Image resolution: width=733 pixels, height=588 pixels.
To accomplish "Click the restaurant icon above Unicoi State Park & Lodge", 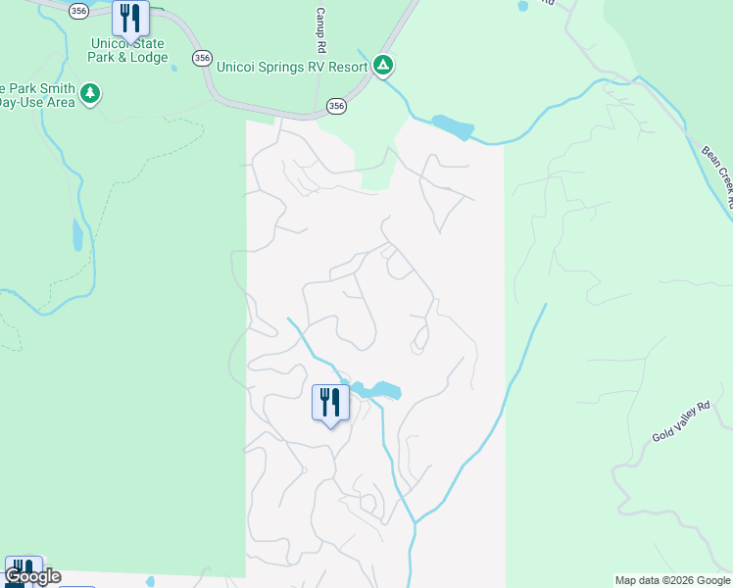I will point(130,18).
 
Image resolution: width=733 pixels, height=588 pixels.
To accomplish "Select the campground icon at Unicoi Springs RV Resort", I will point(383,66).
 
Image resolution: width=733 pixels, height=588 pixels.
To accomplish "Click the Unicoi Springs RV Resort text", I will point(291,66).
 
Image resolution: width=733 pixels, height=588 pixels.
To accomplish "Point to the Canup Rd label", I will point(320,30).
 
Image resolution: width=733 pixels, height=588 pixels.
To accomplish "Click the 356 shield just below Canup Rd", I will point(336,105).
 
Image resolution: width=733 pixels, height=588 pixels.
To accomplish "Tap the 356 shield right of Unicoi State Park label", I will point(202,58).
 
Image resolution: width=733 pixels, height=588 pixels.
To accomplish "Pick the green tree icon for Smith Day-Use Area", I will point(91,94).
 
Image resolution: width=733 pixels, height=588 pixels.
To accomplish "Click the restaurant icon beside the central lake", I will point(330,402).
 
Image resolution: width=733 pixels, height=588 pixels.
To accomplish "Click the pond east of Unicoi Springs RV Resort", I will point(453,127).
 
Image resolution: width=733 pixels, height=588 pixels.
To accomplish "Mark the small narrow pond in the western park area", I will point(77,234).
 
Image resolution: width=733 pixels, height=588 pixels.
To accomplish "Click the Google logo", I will point(31,576).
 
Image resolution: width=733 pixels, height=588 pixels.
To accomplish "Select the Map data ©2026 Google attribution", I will point(672,580).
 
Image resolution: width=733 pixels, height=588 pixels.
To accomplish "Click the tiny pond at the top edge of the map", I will point(522,5).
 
